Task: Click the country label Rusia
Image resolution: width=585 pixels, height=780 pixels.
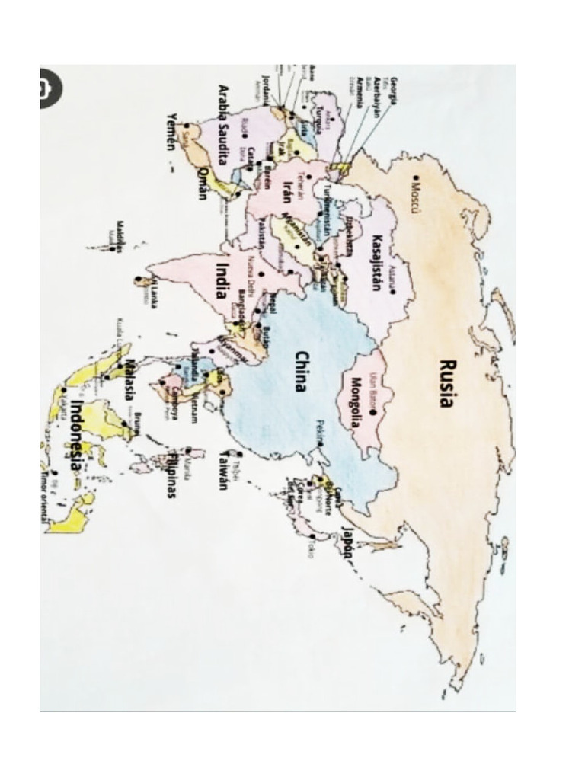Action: pyautogui.click(x=448, y=383)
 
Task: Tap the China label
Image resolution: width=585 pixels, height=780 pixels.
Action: pyautogui.click(x=301, y=371)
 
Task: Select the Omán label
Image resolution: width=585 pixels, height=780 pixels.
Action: pyautogui.click(x=202, y=184)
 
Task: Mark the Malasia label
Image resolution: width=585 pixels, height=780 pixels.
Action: pyautogui.click(x=129, y=378)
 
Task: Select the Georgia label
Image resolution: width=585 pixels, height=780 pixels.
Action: pyautogui.click(x=395, y=91)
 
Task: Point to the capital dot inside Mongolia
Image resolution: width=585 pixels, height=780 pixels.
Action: pyautogui.click(x=373, y=412)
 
